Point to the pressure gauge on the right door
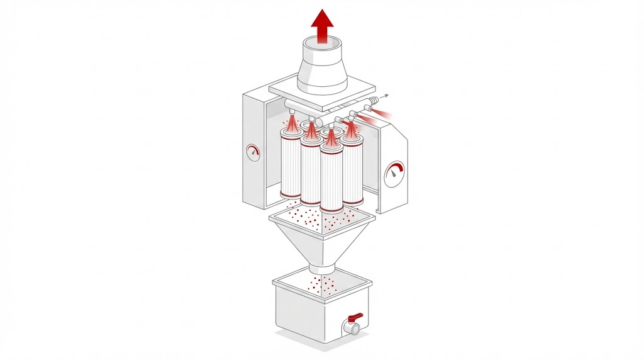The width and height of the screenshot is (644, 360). tap(395, 172)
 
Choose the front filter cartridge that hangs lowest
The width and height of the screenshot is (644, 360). tap(331, 179)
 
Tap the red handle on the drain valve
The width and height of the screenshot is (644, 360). tap(355, 317)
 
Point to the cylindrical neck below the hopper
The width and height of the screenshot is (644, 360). tap(321, 269)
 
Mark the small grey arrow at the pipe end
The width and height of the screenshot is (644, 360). tap(385, 96)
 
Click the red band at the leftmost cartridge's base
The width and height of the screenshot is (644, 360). tap(291, 194)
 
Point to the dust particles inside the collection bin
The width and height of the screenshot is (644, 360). tap(325, 286)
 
